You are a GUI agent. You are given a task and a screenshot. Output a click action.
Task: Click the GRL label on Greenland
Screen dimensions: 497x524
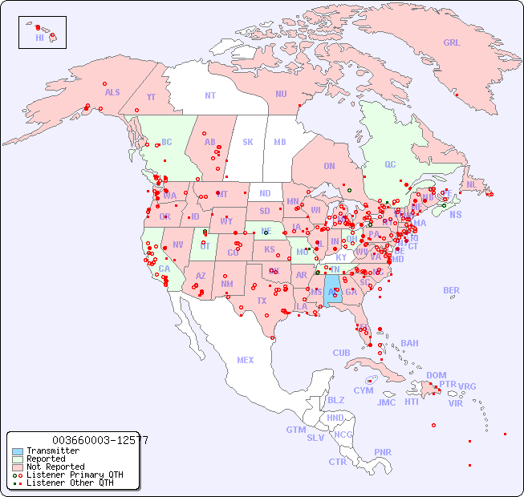tap(452, 43)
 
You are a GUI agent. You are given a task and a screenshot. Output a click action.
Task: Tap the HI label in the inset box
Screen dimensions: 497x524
tap(39, 38)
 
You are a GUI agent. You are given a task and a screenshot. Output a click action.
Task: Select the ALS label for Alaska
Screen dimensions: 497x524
tap(112, 92)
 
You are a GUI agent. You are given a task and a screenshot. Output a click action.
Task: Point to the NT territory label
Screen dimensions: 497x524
tap(209, 95)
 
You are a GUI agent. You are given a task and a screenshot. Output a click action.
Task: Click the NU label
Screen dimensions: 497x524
tap(281, 94)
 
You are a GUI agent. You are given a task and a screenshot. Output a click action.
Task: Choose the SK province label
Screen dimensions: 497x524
tap(248, 142)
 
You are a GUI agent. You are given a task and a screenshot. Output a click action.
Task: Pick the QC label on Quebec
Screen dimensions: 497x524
tap(390, 164)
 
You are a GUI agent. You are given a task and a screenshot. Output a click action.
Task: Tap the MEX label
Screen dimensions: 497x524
tap(245, 360)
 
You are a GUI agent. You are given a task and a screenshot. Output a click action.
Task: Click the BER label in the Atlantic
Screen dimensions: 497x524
tap(452, 290)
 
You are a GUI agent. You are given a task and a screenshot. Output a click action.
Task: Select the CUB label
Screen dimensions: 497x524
tap(341, 353)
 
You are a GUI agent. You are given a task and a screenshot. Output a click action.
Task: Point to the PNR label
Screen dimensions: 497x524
tap(383, 452)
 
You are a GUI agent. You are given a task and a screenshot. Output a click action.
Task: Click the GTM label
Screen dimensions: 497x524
tap(295, 430)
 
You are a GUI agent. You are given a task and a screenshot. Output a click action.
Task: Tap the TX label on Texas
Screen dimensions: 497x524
tap(261, 301)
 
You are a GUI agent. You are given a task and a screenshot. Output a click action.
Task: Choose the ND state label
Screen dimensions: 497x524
tap(265, 193)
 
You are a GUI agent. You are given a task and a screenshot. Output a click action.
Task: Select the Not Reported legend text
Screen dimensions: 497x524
tap(55, 467)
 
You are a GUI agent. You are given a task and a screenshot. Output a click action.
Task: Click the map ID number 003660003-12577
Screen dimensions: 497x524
tap(100, 440)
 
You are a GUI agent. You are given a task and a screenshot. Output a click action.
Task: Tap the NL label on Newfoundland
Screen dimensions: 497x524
tap(471, 184)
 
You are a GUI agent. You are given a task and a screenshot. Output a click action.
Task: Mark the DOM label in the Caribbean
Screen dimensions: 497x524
tap(436, 375)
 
